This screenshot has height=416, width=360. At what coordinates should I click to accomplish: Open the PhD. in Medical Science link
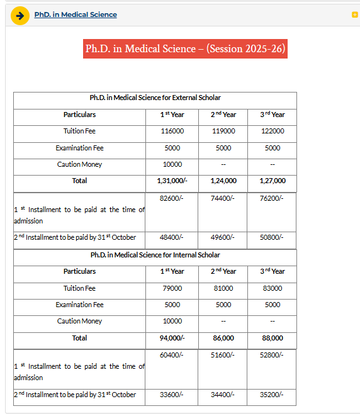point(76,14)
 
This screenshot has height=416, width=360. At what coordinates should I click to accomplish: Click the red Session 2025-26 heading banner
point(185,48)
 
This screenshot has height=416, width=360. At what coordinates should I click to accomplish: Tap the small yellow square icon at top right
point(355,14)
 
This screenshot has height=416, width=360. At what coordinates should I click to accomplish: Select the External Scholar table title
point(155,98)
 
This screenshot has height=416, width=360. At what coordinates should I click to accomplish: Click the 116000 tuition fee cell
point(172,131)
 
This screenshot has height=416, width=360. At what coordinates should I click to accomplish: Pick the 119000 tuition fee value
point(223,131)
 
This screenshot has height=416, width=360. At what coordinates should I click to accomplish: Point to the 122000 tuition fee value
point(273,131)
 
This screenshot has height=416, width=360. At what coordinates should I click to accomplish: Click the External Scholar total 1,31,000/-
point(172,181)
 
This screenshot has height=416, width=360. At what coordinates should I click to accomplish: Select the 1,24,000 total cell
point(223,181)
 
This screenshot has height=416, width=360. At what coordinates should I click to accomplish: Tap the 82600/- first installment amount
point(172,198)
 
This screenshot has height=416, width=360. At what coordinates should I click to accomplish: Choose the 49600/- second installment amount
point(223,237)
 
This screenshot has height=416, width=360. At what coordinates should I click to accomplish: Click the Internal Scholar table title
point(155,255)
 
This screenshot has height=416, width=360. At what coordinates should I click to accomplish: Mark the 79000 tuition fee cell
point(172,288)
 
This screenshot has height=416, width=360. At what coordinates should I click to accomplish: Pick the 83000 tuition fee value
point(273,288)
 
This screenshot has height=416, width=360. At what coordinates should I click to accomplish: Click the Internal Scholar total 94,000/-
point(172,338)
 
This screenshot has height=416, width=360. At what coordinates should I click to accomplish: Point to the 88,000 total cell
point(273,338)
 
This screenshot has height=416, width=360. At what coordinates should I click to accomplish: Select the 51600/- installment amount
point(223,355)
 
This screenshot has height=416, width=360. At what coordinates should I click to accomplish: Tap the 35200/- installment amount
point(273,395)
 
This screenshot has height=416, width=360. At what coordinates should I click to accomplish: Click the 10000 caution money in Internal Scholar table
point(172,321)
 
